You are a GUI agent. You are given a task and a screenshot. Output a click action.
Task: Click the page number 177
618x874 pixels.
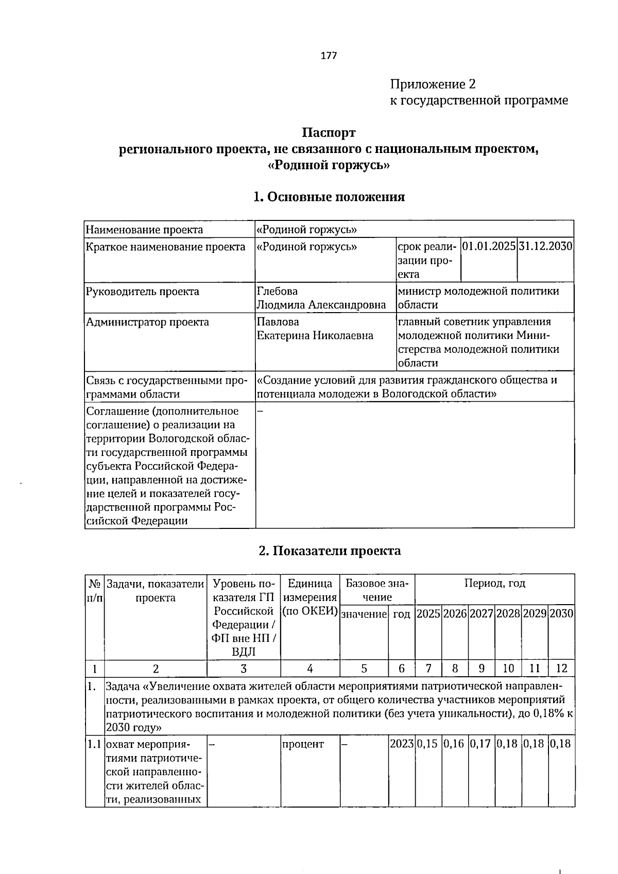[329, 56]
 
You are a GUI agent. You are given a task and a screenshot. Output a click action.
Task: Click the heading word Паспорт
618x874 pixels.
[329, 133]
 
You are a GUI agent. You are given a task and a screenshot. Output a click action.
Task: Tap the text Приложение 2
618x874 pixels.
[433, 84]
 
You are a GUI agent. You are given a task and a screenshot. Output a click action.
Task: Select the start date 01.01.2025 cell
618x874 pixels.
[489, 246]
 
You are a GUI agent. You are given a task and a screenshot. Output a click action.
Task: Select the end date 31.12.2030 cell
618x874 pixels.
[545, 246]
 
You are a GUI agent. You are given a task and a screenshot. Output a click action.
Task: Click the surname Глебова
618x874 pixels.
[277, 292]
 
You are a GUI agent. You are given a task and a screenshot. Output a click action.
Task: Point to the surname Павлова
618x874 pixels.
[278, 322]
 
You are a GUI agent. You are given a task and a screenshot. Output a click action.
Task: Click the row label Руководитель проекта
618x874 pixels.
[143, 292]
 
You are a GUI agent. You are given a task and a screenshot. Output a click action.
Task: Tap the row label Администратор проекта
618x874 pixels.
[148, 322]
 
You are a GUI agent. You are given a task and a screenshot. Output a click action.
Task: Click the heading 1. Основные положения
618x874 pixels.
[329, 197]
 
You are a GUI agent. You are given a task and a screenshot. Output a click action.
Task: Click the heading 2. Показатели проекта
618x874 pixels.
[330, 551]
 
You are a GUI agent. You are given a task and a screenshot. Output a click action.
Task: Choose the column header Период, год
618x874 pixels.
[494, 583]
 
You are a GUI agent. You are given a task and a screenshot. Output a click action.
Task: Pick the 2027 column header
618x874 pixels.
[482, 613]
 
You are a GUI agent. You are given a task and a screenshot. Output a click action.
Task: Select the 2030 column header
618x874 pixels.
[561, 613]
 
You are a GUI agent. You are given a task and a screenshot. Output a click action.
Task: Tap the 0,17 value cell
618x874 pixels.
[482, 744]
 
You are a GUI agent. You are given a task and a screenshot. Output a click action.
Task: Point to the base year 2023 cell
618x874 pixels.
[402, 744]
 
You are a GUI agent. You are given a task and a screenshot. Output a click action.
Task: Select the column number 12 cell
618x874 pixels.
[561, 669]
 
